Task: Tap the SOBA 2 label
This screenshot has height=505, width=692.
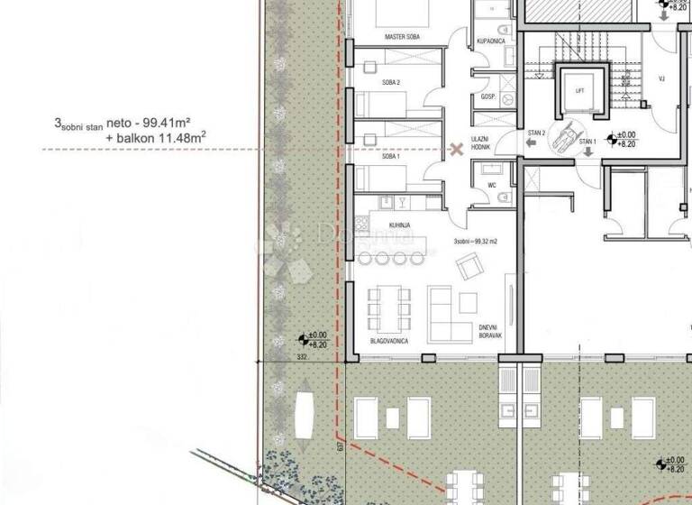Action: [x=392, y=83]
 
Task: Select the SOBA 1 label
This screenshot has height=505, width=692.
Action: [x=391, y=157]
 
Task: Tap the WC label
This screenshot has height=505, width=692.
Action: [x=492, y=186]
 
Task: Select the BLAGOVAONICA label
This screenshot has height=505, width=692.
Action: [x=391, y=341]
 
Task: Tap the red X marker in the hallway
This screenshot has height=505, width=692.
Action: [x=456, y=149]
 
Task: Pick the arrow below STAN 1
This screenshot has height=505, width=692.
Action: [x=587, y=151]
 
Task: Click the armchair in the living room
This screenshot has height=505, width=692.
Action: [x=469, y=266]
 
